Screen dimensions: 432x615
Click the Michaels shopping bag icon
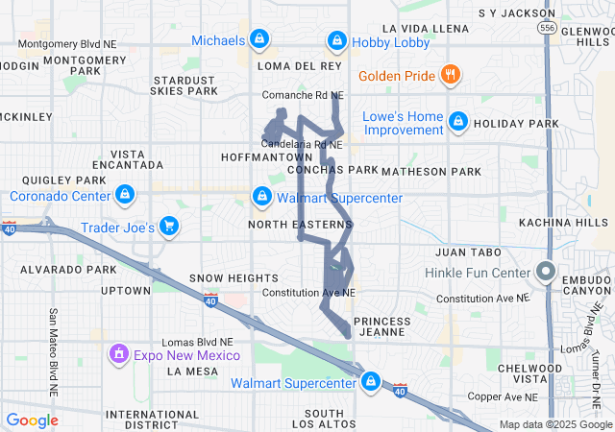pos(258,39)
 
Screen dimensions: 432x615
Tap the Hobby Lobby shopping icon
pos(336,40)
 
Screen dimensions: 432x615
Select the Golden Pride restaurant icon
pos(449,75)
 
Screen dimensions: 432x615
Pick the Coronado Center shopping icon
pos(124,196)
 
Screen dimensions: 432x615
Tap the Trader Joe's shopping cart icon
pos(169,227)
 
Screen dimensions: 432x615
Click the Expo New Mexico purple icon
pos(119,354)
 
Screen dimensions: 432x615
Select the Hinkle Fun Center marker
pos(546,272)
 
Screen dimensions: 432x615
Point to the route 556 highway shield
pos(545,30)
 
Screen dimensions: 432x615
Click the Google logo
pos(32,420)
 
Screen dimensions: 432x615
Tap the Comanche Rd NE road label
pos(303,95)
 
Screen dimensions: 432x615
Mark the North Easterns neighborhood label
pos(300,224)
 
